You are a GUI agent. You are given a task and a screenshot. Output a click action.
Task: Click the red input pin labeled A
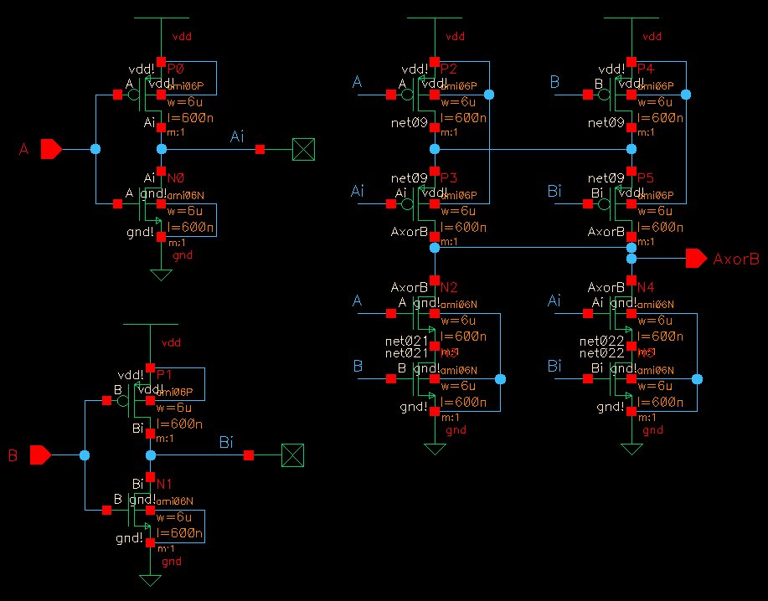pos(51,149)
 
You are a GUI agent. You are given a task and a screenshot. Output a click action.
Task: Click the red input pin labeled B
pos(40,455)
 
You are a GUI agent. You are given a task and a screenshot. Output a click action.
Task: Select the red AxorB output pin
pos(695,259)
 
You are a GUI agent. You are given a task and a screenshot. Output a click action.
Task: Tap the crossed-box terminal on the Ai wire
pos(303,149)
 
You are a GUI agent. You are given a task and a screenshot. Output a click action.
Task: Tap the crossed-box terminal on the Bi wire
pos(292,455)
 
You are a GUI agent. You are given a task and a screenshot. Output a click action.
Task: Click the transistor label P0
pos(176,69)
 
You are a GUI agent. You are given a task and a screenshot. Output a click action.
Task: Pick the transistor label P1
pos(164,375)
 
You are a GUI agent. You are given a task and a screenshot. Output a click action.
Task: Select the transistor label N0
pos(176,178)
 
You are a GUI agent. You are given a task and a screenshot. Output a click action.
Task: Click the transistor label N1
pos(164,484)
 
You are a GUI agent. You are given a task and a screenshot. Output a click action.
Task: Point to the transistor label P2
pos(448,69)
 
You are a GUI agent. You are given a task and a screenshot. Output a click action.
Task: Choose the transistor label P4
pos(645,69)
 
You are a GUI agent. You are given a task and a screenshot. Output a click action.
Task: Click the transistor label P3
pos(448,178)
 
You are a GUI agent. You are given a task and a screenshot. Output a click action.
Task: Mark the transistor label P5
pos(645,178)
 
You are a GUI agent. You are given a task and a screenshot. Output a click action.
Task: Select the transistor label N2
pos(448,287)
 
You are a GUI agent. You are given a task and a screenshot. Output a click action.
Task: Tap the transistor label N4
pos(645,287)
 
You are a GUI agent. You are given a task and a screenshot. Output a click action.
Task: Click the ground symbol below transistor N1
pos(150,581)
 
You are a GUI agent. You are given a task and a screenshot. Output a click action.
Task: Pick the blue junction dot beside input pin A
pos(95,149)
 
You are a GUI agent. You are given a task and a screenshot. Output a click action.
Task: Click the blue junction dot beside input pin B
pos(84,455)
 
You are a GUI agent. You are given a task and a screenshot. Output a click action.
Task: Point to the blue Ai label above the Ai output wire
pos(237,136)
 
